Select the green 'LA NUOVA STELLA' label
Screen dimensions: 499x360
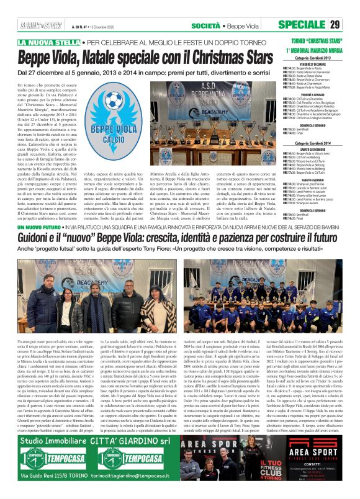pos(48,42)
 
